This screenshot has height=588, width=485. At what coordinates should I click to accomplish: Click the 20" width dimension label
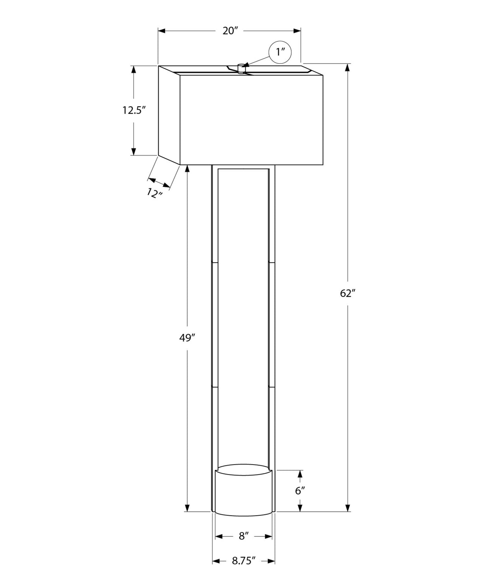pyautogui.click(x=231, y=31)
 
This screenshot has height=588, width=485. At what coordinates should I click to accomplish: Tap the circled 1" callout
pyautogui.click(x=280, y=52)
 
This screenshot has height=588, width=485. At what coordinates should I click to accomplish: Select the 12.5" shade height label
pyautogui.click(x=133, y=110)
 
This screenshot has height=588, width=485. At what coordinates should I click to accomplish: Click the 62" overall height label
pyautogui.click(x=348, y=293)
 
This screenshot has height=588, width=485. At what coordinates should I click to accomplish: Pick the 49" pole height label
pyautogui.click(x=187, y=338)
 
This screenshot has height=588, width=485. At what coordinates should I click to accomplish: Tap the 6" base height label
pyautogui.click(x=300, y=491)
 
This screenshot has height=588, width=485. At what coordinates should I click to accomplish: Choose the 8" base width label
pyautogui.click(x=244, y=536)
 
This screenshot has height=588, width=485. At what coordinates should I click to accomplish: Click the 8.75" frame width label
pyautogui.click(x=244, y=561)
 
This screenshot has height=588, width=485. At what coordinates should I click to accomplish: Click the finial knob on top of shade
pyautogui.click(x=241, y=68)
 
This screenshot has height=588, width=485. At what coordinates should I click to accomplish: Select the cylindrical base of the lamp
pyautogui.click(x=244, y=491)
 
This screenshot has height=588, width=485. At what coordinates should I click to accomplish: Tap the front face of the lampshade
pyautogui.click(x=252, y=120)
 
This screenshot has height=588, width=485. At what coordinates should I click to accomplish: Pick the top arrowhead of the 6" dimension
pyautogui.click(x=300, y=474)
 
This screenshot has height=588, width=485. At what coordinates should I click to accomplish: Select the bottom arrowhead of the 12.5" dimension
pyautogui.click(x=133, y=151)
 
